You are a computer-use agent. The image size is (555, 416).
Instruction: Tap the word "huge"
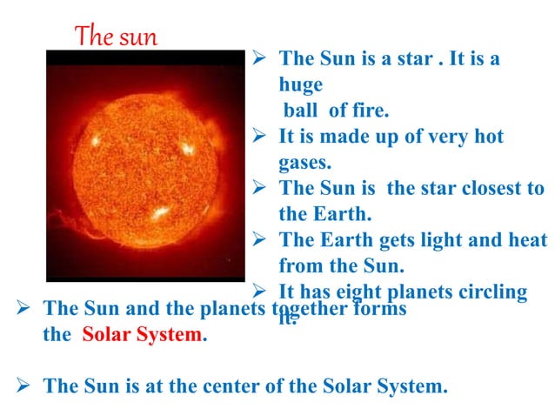[300, 85]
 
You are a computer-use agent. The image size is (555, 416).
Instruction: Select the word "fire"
[370, 110]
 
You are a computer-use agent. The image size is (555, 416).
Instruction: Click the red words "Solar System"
[143, 334]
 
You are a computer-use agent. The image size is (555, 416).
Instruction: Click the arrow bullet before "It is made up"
[257, 136]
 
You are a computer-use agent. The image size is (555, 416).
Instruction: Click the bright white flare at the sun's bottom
[159, 213]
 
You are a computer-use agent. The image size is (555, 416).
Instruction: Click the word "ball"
[301, 110]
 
